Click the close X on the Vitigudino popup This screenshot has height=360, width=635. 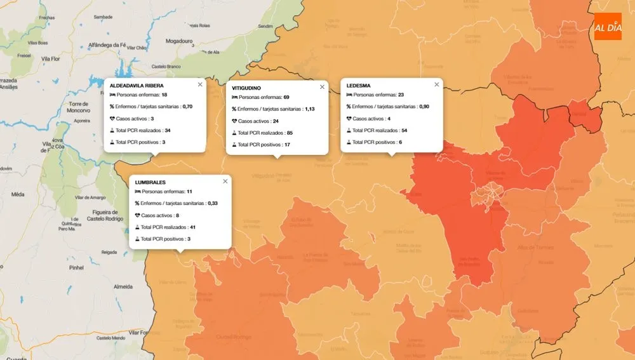[322, 87]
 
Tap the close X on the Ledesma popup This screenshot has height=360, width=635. [436, 84]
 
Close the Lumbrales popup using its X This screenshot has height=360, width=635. [225, 182]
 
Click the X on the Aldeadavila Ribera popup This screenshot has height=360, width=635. [200, 84]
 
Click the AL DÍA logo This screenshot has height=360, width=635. [608, 27]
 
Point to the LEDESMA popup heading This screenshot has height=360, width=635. [359, 85]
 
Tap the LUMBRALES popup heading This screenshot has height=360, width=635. [150, 182]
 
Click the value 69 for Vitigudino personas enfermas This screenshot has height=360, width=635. [286, 98]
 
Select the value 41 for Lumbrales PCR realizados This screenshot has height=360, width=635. [192, 227]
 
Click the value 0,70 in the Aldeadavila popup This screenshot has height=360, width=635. [187, 107]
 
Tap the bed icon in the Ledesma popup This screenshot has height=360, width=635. [349, 95]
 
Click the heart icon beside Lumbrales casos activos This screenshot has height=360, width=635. [137, 215]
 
